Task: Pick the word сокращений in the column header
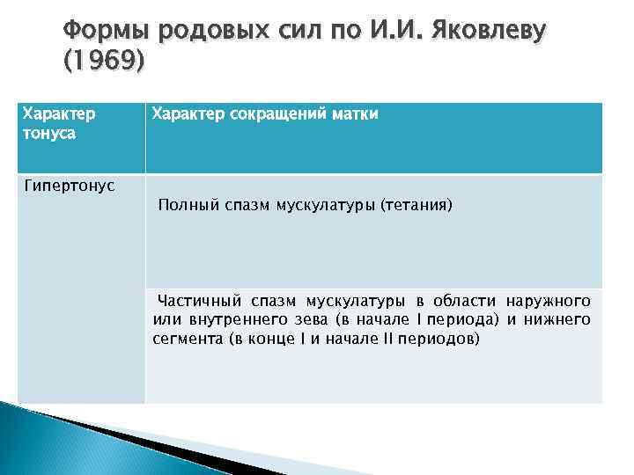(283, 113)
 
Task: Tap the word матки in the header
(355, 113)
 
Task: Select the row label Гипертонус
(69, 186)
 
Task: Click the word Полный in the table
(184, 206)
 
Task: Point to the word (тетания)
(416, 206)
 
